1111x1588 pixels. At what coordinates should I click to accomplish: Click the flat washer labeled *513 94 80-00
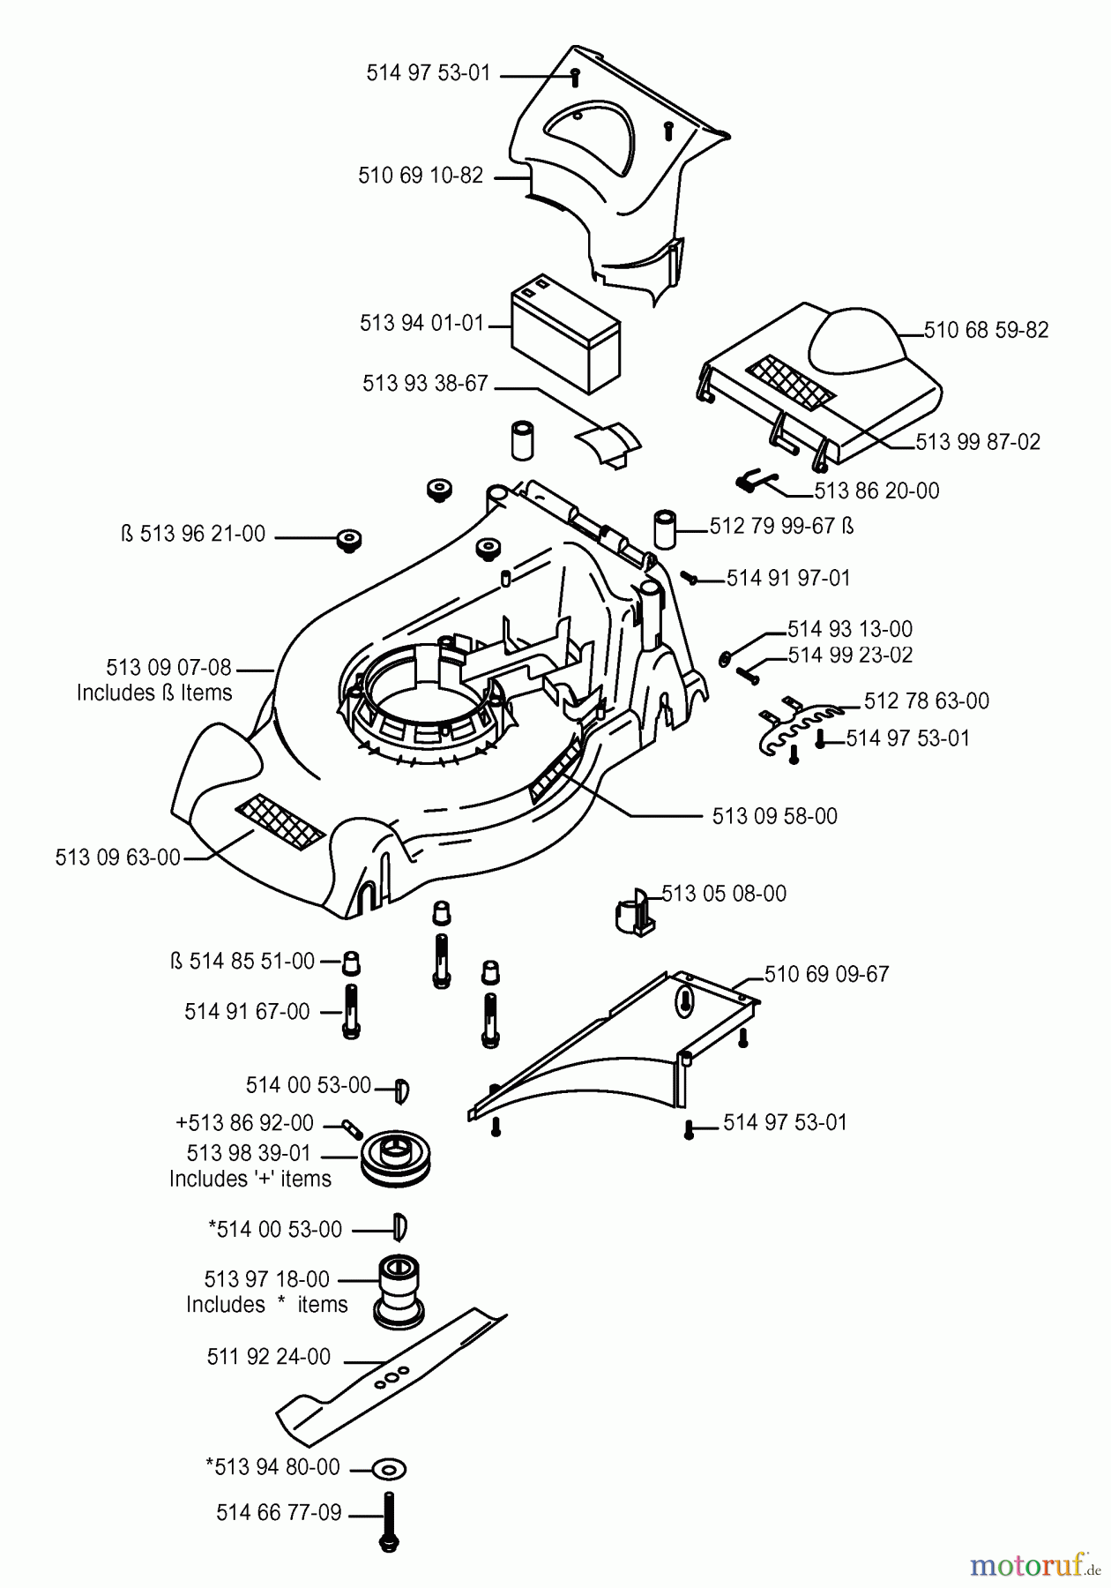coord(389,1469)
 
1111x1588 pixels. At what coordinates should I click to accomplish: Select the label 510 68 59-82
coord(986,330)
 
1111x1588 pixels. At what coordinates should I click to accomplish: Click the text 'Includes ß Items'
coord(154,693)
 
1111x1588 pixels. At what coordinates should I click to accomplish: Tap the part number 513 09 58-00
coord(774,816)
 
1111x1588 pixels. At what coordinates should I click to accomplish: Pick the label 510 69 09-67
coord(826,974)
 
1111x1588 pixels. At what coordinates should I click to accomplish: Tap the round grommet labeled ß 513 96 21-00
coord(350,539)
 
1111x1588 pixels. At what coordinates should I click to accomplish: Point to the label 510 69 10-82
coord(421,176)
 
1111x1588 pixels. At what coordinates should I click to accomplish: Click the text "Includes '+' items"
coord(250,1180)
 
